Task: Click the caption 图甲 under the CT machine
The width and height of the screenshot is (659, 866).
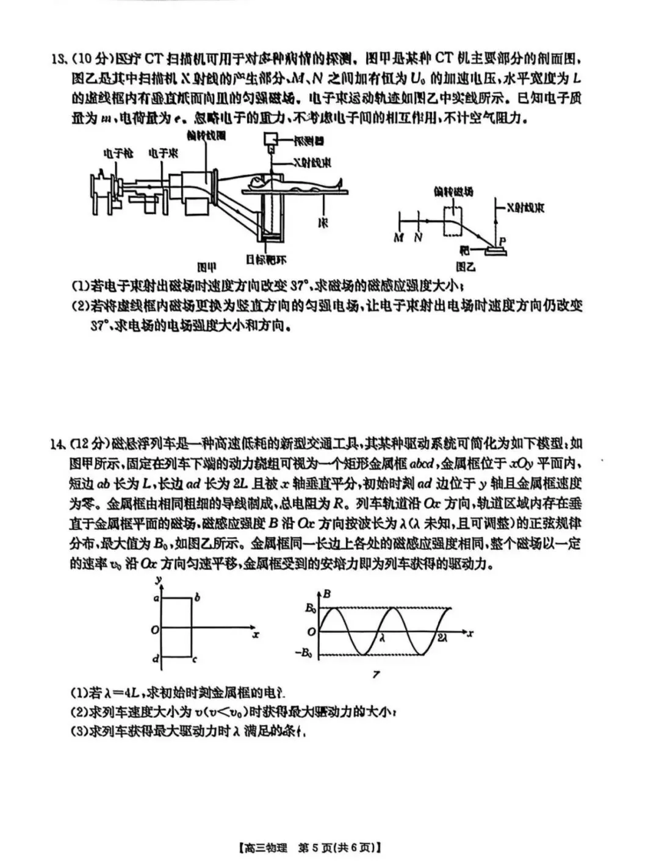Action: pos(207,267)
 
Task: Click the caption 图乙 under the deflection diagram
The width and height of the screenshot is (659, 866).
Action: pos(466,267)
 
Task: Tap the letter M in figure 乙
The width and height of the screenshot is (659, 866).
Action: pos(398,239)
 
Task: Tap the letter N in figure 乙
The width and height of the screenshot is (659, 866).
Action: pos(418,239)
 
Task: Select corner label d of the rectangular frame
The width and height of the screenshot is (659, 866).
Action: pos(156,659)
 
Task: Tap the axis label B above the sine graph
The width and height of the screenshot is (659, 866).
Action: pos(328,593)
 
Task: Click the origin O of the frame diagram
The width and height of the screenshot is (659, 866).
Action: pos(155,629)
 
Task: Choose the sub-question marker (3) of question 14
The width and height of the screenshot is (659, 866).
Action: pos(79,732)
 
